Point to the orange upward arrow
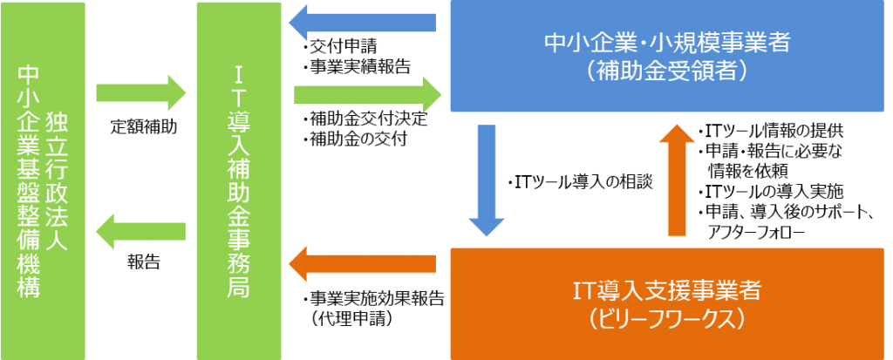tap(678, 179)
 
